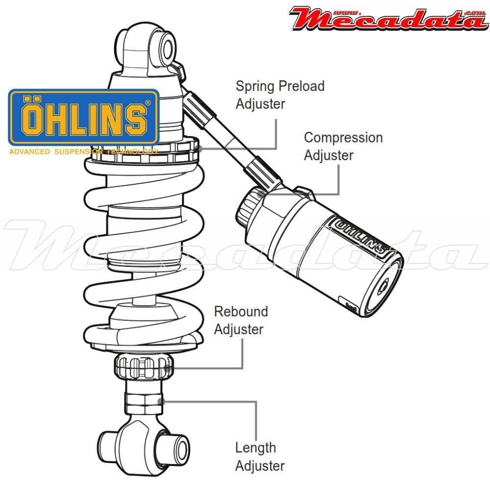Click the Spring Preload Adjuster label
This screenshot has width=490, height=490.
(x=280, y=95)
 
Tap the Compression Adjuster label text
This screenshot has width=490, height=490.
(x=343, y=146)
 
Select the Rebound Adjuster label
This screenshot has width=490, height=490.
(x=241, y=320)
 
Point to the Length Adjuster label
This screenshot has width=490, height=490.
(x=259, y=456)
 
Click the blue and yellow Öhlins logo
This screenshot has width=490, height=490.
(x=84, y=118)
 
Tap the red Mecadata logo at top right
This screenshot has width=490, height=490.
(x=387, y=18)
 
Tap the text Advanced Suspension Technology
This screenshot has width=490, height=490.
(x=83, y=151)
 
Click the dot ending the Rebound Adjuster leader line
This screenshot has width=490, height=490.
(x=169, y=368)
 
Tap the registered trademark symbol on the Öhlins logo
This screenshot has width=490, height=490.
(x=148, y=103)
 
